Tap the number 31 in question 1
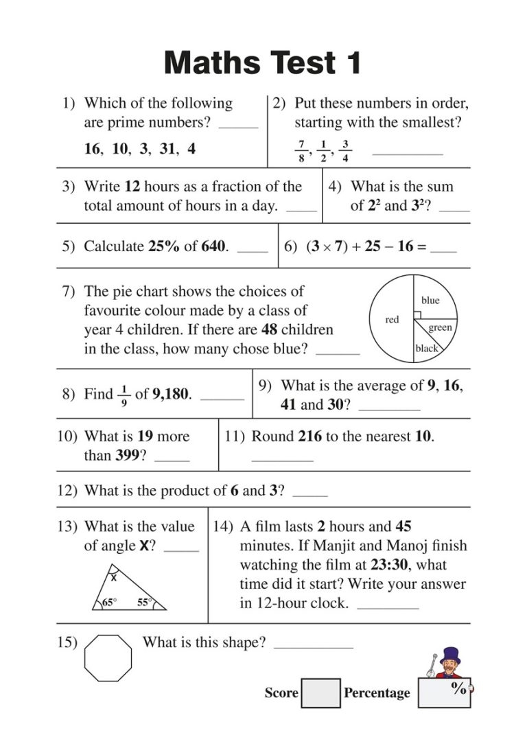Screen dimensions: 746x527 (167, 148)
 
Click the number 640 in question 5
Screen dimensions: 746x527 (213, 246)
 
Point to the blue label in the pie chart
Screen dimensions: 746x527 (430, 301)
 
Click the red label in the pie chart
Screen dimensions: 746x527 (392, 320)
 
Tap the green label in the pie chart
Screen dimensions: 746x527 (440, 327)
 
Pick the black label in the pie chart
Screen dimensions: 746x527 (426, 349)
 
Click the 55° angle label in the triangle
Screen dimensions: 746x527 (144, 603)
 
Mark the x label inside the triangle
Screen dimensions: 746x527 (114, 579)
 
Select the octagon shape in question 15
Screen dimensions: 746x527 (108, 657)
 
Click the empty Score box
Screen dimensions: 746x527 (320, 693)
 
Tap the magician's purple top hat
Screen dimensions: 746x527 (451, 654)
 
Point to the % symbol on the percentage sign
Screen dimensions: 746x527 (459, 688)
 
